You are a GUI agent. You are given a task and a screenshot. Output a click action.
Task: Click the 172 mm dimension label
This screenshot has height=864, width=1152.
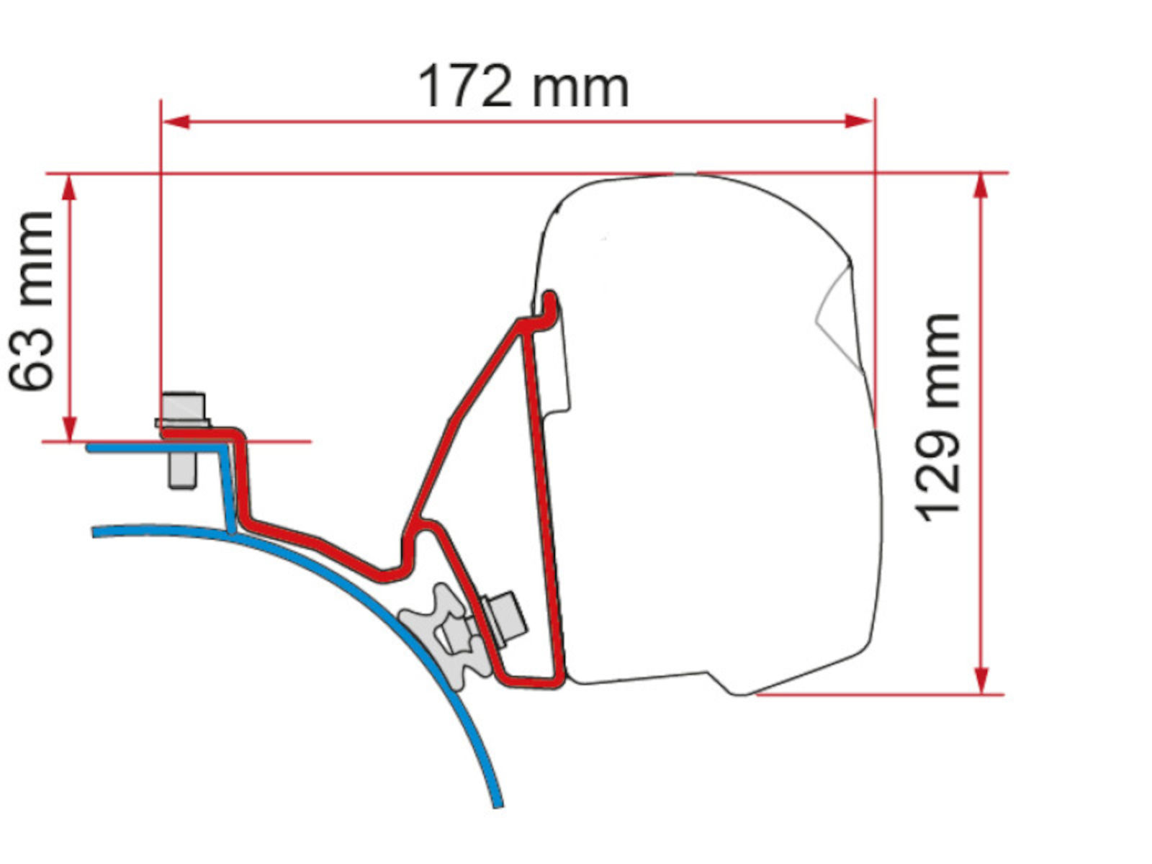pyautogui.click(x=523, y=86)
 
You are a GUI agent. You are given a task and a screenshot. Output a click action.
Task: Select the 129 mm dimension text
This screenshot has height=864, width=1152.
pyautogui.click(x=937, y=417)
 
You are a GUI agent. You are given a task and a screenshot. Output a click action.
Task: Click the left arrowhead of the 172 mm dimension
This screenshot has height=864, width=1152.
pyautogui.click(x=176, y=122)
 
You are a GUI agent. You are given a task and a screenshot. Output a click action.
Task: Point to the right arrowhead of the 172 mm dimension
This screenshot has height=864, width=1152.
pyautogui.click(x=858, y=122)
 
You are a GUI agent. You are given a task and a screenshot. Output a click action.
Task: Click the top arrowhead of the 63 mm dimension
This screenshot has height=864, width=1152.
pyautogui.click(x=69, y=187)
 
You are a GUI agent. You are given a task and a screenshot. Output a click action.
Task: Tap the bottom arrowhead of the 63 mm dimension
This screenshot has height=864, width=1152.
pyautogui.click(x=69, y=428)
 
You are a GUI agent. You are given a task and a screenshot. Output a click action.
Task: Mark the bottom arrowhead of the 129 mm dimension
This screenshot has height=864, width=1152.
pyautogui.click(x=981, y=681)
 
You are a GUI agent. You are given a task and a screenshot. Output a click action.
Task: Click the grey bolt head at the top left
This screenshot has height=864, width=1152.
pyautogui.click(x=183, y=409)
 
